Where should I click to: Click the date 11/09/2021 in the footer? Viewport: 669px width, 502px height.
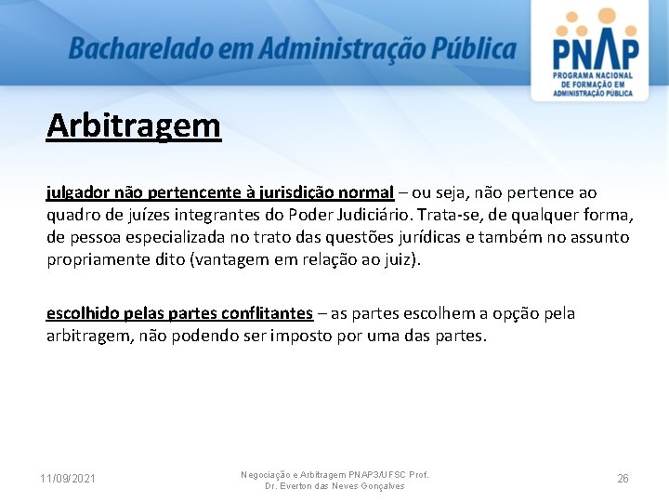coord(67,479)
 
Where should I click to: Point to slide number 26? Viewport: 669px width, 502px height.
coord(623,479)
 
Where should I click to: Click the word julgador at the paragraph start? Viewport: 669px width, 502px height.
coord(78,193)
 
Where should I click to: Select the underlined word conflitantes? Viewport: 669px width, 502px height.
coord(266,313)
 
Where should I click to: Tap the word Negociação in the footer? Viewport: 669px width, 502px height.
coord(268,474)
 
